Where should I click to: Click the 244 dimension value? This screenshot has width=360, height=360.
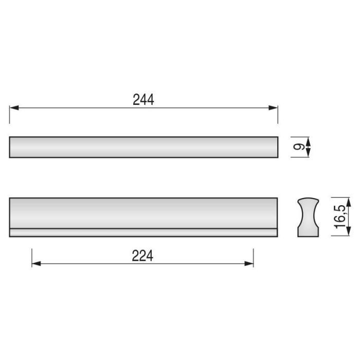tap(143, 100)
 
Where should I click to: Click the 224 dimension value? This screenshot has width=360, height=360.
tap(142, 256)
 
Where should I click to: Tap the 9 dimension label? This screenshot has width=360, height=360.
tap(298, 147)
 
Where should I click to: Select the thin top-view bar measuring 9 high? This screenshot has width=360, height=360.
tap(143, 147)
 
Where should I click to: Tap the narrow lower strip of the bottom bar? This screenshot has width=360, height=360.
tap(143, 232)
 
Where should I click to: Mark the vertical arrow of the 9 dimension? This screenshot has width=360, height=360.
tap(308, 147)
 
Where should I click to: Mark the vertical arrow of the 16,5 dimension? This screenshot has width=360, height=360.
tap(349, 217)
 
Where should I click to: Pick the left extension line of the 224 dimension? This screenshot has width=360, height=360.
tap(32, 257)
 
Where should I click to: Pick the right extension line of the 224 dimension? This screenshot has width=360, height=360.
tap(254, 257)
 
